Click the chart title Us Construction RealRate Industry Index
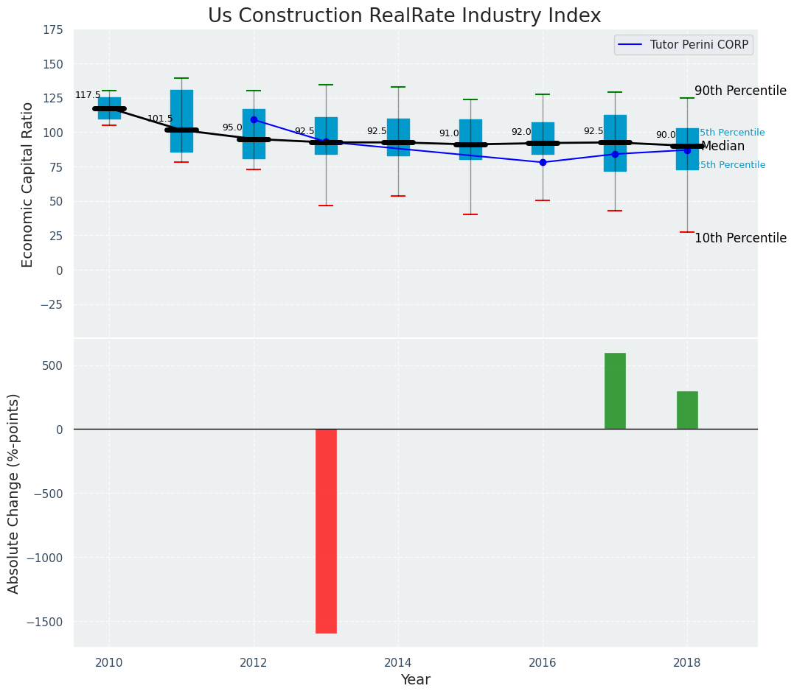pos(404,16)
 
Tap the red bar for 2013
pos(326,530)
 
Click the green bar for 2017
pos(615,390)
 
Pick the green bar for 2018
pos(687,410)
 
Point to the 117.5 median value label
pos(88,96)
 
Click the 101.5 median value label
pos(160,119)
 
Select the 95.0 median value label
pos(232,127)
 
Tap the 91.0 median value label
pos(449,133)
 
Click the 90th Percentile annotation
pos(740,91)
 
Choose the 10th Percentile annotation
pos(740,238)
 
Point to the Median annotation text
pos(722,146)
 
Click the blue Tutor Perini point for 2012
pos(254,119)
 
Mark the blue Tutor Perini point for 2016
pos(543,162)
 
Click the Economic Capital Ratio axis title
pos(28,184)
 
